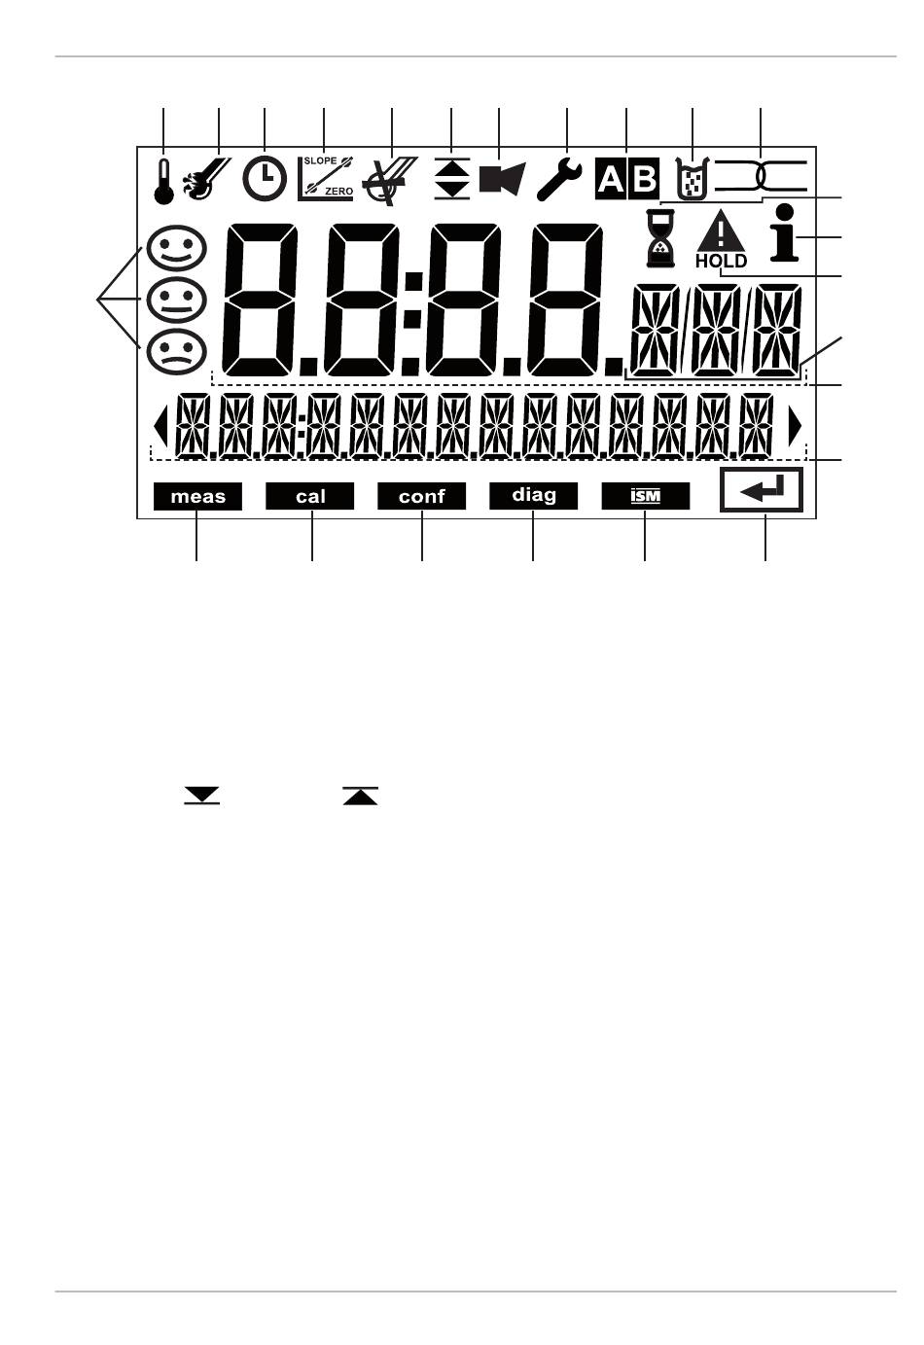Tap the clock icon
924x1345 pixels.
pyautogui.click(x=265, y=178)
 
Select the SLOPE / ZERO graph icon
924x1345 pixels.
pyautogui.click(x=326, y=178)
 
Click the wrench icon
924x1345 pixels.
pyautogui.click(x=559, y=180)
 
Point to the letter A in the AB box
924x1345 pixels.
pyautogui.click(x=611, y=179)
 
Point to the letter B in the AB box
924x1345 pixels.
pyautogui.click(x=644, y=179)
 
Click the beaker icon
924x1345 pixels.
pyautogui.click(x=693, y=178)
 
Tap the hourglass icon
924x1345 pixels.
pyautogui.click(x=659, y=238)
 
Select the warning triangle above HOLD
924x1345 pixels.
pyautogui.click(x=721, y=231)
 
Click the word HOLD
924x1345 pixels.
pyautogui.click(x=721, y=262)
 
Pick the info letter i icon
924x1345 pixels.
pyautogui.click(x=785, y=233)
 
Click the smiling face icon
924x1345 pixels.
pyautogui.click(x=176, y=247)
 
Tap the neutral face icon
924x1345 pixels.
pyautogui.click(x=176, y=300)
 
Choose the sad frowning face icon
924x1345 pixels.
pyautogui.click(x=176, y=352)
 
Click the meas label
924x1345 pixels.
pyautogui.click(x=197, y=497)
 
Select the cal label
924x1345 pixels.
pyautogui.click(x=310, y=497)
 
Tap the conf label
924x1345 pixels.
pyautogui.click(x=421, y=497)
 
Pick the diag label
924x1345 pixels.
pyautogui.click(x=534, y=497)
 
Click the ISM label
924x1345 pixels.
pyautogui.click(x=646, y=497)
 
